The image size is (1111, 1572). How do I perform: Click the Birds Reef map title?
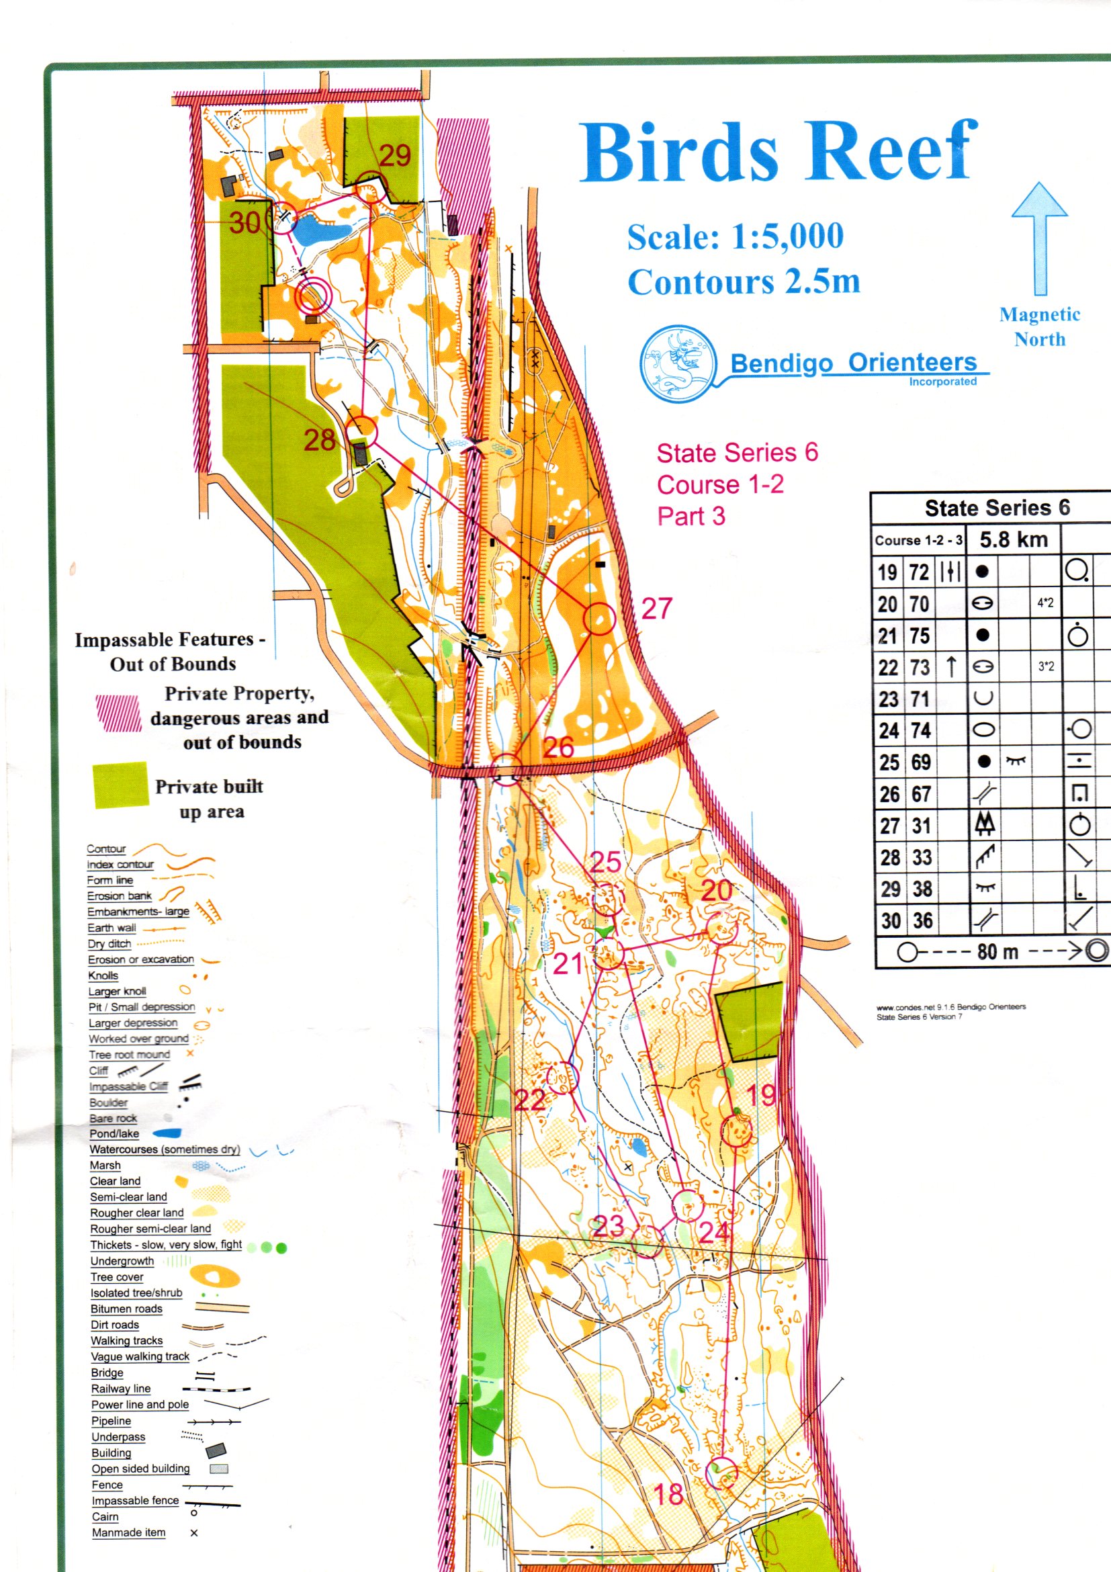tap(779, 151)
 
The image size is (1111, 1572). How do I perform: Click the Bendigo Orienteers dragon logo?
tap(678, 363)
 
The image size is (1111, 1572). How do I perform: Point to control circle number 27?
tap(599, 619)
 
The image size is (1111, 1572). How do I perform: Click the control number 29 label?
tap(395, 156)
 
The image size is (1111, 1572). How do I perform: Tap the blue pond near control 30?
tap(322, 230)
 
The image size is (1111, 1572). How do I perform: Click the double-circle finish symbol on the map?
tap(313, 296)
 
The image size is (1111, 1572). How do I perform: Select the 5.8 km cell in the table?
tap(1013, 539)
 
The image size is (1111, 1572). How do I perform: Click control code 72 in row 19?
tap(919, 572)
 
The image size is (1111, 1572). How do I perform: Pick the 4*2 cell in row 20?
tap(1045, 603)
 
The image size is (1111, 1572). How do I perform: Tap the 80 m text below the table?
tap(997, 952)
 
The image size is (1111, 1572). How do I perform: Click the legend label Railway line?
tap(120, 1389)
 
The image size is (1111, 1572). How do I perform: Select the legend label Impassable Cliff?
tap(128, 1086)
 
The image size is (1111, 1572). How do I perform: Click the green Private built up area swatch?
tap(120, 785)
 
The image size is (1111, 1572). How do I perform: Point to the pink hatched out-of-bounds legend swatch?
tap(118, 713)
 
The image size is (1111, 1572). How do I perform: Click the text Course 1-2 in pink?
tap(720, 485)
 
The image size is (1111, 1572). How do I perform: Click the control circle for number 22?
tap(564, 1078)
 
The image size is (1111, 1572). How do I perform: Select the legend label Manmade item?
tap(129, 1532)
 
